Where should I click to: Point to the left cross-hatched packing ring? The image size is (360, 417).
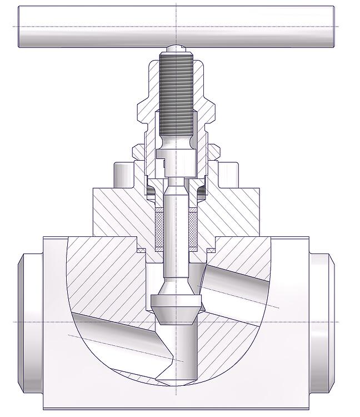[x=159, y=228]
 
